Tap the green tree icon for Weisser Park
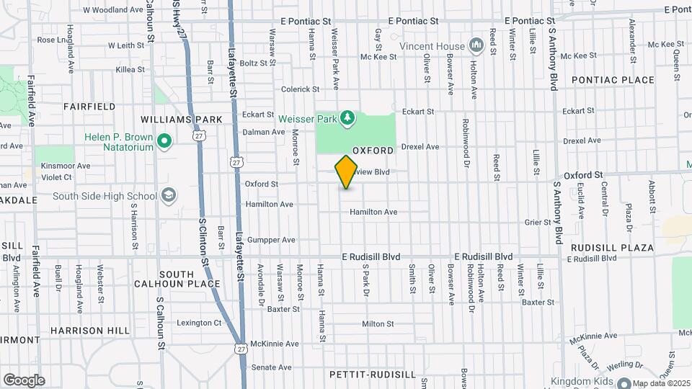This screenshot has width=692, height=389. [347, 116]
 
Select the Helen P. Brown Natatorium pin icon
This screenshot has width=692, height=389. [164, 142]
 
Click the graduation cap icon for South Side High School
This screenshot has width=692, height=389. [168, 195]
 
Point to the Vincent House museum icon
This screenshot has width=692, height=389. [475, 45]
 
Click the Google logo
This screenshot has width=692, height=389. [24, 380]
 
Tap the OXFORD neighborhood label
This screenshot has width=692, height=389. [373, 151]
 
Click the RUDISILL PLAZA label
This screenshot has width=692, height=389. [612, 248]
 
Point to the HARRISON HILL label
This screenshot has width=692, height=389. [90, 331]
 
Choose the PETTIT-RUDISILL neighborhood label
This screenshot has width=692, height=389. [373, 375]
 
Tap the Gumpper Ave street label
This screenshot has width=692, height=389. [271, 240]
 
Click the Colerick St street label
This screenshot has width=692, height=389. [300, 89]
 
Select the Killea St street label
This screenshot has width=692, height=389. [130, 70]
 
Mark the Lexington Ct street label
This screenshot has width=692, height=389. [199, 323]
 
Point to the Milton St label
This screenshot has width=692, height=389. [378, 324]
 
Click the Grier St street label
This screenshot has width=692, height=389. [538, 223]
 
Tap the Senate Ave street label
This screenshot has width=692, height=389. [274, 367]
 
